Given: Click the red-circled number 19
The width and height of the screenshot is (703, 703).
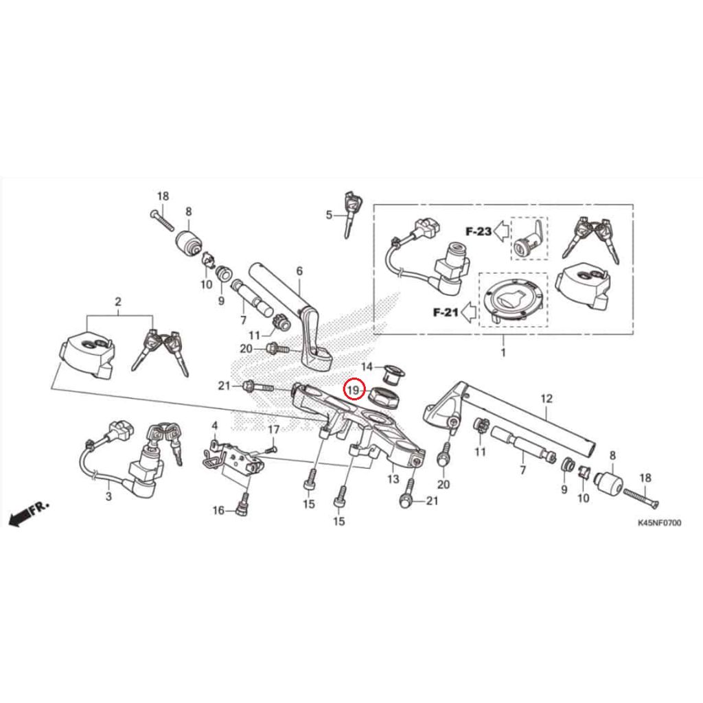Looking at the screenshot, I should (353, 391).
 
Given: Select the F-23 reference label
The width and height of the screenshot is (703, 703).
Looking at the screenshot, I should (479, 231).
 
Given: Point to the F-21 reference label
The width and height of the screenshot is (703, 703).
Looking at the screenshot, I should (445, 312).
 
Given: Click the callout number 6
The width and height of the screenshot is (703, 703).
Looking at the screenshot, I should (299, 271).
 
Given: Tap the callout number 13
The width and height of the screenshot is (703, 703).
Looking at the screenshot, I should (393, 477).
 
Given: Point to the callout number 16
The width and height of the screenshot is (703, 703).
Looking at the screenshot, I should (218, 510).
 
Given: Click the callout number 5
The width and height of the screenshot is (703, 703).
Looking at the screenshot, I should (330, 215).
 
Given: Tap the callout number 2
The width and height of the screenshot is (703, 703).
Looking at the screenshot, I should (118, 301).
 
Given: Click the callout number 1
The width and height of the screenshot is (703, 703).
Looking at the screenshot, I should (503, 353).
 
